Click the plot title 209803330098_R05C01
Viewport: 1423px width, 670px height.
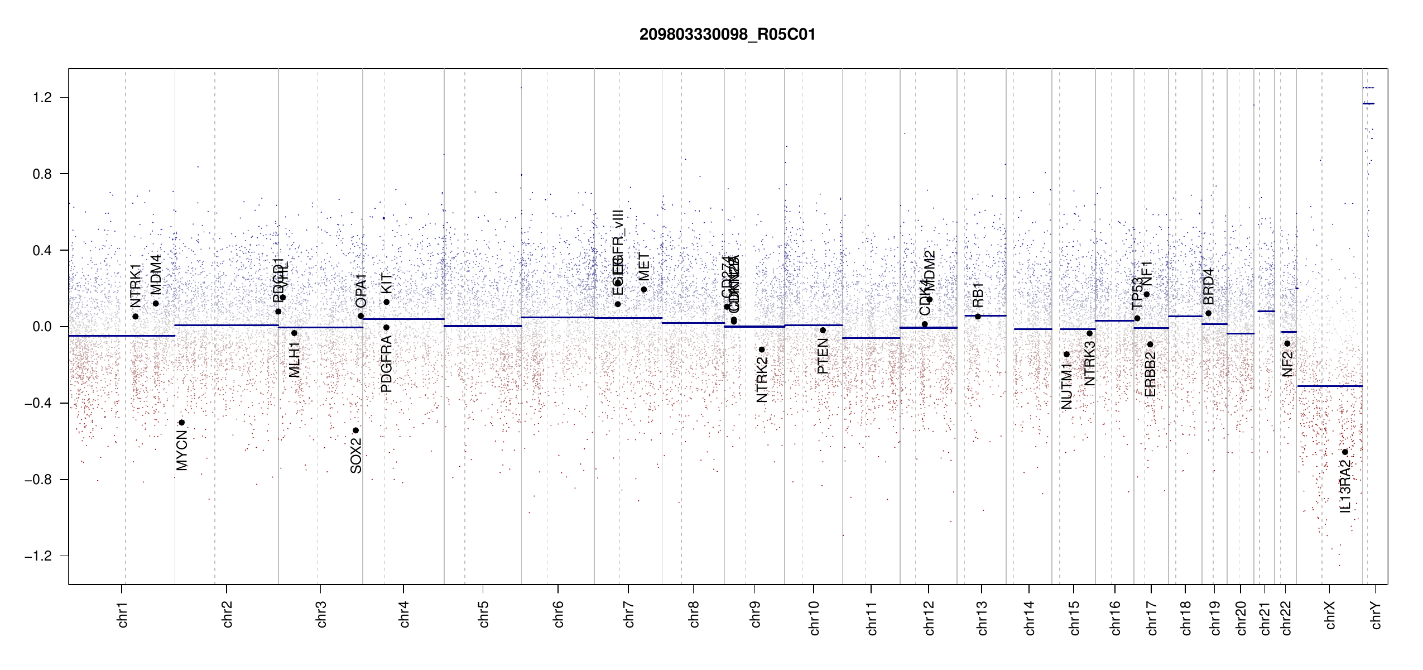[x=727, y=35]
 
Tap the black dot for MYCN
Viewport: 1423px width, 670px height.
[x=181, y=423]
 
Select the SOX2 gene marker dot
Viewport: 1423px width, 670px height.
[x=355, y=430]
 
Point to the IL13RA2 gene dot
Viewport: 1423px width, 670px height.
[x=1345, y=452]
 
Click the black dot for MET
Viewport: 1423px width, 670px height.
[x=643, y=290]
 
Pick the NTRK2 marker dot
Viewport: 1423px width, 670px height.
[x=762, y=350]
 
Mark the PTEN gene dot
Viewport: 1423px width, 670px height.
[x=823, y=331]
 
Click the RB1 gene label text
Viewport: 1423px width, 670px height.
[x=978, y=295]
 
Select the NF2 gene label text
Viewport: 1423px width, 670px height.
[x=1287, y=363]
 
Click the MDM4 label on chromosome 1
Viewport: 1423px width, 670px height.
[x=156, y=274]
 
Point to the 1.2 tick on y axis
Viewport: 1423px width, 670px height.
[x=42, y=98]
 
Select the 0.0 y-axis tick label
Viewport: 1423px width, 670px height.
[x=42, y=327]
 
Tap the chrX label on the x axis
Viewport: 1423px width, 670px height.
[x=1330, y=615]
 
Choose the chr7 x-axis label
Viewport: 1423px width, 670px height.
[x=629, y=614]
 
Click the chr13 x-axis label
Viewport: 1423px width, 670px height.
[x=982, y=617]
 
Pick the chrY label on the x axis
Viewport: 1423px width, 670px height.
[x=1376, y=615]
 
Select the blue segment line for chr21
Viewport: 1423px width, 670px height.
[x=1266, y=311]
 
